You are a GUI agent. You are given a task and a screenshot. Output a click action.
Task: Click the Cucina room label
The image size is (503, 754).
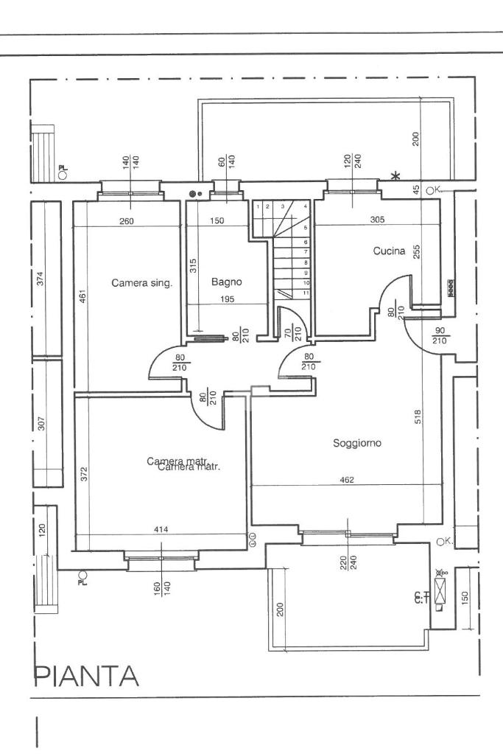(x=389, y=251)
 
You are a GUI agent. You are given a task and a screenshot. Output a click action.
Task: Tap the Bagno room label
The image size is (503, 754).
(x=226, y=282)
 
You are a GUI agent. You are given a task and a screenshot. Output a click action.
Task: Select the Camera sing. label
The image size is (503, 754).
(x=141, y=282)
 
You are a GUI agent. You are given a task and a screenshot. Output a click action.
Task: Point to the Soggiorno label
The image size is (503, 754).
(x=356, y=443)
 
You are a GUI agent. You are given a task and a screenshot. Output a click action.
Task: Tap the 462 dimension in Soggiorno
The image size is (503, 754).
(x=348, y=480)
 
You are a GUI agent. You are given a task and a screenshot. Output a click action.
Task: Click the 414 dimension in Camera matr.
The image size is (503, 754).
(x=161, y=529)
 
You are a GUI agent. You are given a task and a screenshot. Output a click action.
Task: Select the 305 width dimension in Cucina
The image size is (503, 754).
(x=376, y=220)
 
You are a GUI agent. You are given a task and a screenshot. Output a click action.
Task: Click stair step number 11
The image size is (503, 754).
(x=305, y=293)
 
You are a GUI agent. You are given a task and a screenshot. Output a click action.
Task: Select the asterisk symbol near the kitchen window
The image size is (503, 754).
(x=395, y=176)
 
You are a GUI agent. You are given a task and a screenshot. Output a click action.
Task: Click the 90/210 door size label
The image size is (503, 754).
(x=440, y=335)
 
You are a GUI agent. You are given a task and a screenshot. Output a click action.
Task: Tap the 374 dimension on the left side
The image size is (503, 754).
(x=41, y=278)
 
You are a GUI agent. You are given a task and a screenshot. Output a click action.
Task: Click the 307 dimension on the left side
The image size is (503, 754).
(x=41, y=424)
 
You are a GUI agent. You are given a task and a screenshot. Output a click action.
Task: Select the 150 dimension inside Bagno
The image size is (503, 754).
(x=217, y=220)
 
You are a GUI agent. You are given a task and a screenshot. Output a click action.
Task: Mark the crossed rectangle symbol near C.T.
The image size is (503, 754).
(x=441, y=589)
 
